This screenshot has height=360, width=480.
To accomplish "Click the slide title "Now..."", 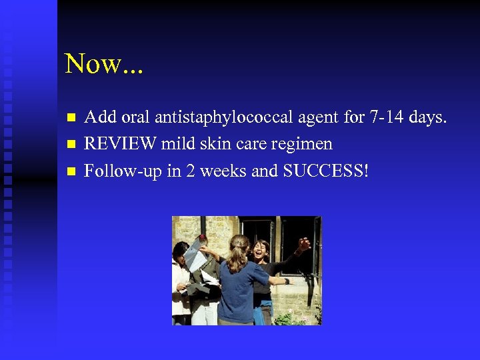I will click(104, 64).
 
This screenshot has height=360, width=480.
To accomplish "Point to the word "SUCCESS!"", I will click(325, 171).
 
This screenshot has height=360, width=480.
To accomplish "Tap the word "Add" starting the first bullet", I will click(99, 118).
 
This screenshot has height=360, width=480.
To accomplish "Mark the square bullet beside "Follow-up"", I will click(71, 171).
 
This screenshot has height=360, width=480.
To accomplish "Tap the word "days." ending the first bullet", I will click(427, 118).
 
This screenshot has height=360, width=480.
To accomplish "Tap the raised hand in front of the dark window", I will click(303, 245).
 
